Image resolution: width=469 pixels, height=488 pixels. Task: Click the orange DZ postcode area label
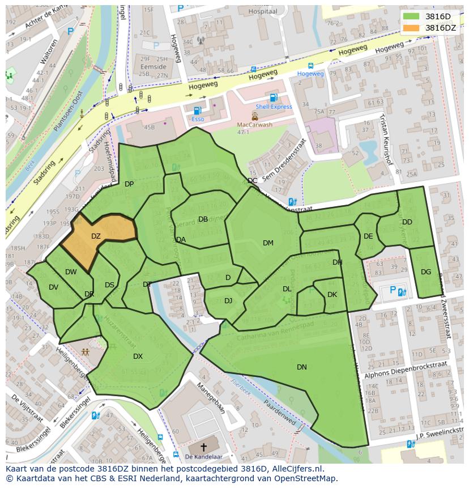pos(96,236)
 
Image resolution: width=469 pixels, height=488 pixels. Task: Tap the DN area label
pos(302,367)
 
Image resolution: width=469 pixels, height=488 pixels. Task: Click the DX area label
pos(138,357)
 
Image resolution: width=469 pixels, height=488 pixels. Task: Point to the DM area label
pos(268,243)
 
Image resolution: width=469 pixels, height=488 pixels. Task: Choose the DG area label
pos(426,272)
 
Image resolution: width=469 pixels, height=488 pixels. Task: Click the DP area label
pos(129,184)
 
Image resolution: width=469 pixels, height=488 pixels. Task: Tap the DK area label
pos(332,295)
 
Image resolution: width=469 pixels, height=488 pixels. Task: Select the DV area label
pos(53,287)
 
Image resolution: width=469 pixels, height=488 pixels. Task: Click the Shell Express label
pos(274,107)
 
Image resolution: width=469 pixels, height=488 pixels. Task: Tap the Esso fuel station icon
pos(197,111)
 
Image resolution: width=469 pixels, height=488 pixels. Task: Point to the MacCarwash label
pos(254,125)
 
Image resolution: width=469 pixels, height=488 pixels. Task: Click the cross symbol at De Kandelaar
pos(204,447)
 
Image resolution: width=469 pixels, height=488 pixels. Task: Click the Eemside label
pos(153,67)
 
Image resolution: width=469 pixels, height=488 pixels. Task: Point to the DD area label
pos(407,222)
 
